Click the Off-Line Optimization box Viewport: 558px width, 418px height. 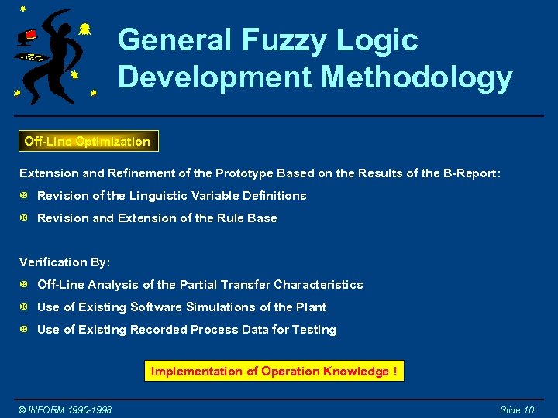pos(88,141)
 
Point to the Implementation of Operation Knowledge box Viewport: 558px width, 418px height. pos(274,372)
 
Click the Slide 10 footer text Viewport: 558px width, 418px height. pos(517,409)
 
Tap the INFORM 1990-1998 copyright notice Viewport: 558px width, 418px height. pos(66,409)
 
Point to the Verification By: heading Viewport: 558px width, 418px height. pos(65,262)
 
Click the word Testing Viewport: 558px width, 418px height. pos(314,330)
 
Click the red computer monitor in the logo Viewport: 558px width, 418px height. pos(29,36)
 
